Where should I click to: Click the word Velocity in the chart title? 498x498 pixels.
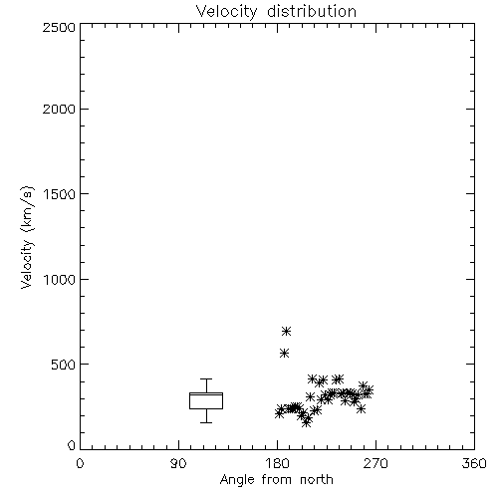coord(227,12)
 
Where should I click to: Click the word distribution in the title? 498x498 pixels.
coord(312,11)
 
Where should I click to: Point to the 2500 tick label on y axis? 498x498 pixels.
coord(59,27)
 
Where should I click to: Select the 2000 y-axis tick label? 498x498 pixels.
coord(59,109)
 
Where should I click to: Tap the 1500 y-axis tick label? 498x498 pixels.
coord(60,194)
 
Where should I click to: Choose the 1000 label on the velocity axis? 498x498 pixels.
coord(60,280)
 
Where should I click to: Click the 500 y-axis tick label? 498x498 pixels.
coord(64,365)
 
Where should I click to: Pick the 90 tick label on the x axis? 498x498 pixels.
coord(178,463)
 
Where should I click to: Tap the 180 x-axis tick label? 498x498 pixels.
coord(277,463)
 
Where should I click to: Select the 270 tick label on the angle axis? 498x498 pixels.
coord(375,463)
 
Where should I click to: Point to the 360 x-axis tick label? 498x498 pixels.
coord(474,463)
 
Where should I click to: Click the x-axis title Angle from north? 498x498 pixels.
coord(277,480)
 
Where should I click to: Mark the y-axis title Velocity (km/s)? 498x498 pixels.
coord(27,237)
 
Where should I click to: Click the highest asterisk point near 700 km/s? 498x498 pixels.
coord(287,331)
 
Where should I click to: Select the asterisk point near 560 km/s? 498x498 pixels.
coord(284,353)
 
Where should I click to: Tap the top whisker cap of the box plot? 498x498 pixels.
coord(206,378)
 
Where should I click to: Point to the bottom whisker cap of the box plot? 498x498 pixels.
coord(206,422)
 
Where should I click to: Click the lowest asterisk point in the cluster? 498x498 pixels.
coord(307,422)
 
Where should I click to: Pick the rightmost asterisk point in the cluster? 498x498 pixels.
coord(369,389)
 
